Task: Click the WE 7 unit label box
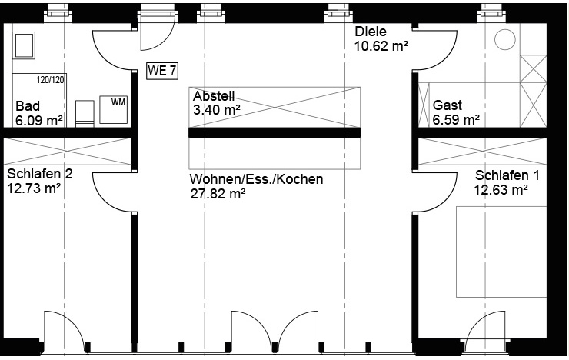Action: coord(162,72)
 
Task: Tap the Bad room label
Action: coord(28,105)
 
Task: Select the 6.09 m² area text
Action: coord(39,119)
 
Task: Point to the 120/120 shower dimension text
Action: coord(52,78)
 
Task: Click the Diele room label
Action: coord(370,32)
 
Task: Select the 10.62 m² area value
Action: coord(381,46)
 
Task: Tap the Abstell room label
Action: coord(214,96)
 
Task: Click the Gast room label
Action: coord(447,105)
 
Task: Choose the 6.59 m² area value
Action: coord(456,119)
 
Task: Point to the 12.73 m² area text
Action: coord(35,186)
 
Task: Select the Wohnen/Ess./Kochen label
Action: coord(256,179)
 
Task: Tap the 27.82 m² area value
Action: coord(218,193)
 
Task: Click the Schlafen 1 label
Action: coord(507,175)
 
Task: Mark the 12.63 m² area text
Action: coord(501,189)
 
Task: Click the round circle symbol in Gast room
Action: coord(505,39)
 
